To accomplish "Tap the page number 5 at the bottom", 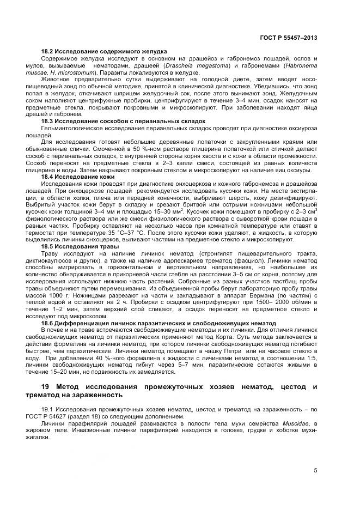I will [315, 471].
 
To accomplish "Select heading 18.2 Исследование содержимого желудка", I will [104, 51].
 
